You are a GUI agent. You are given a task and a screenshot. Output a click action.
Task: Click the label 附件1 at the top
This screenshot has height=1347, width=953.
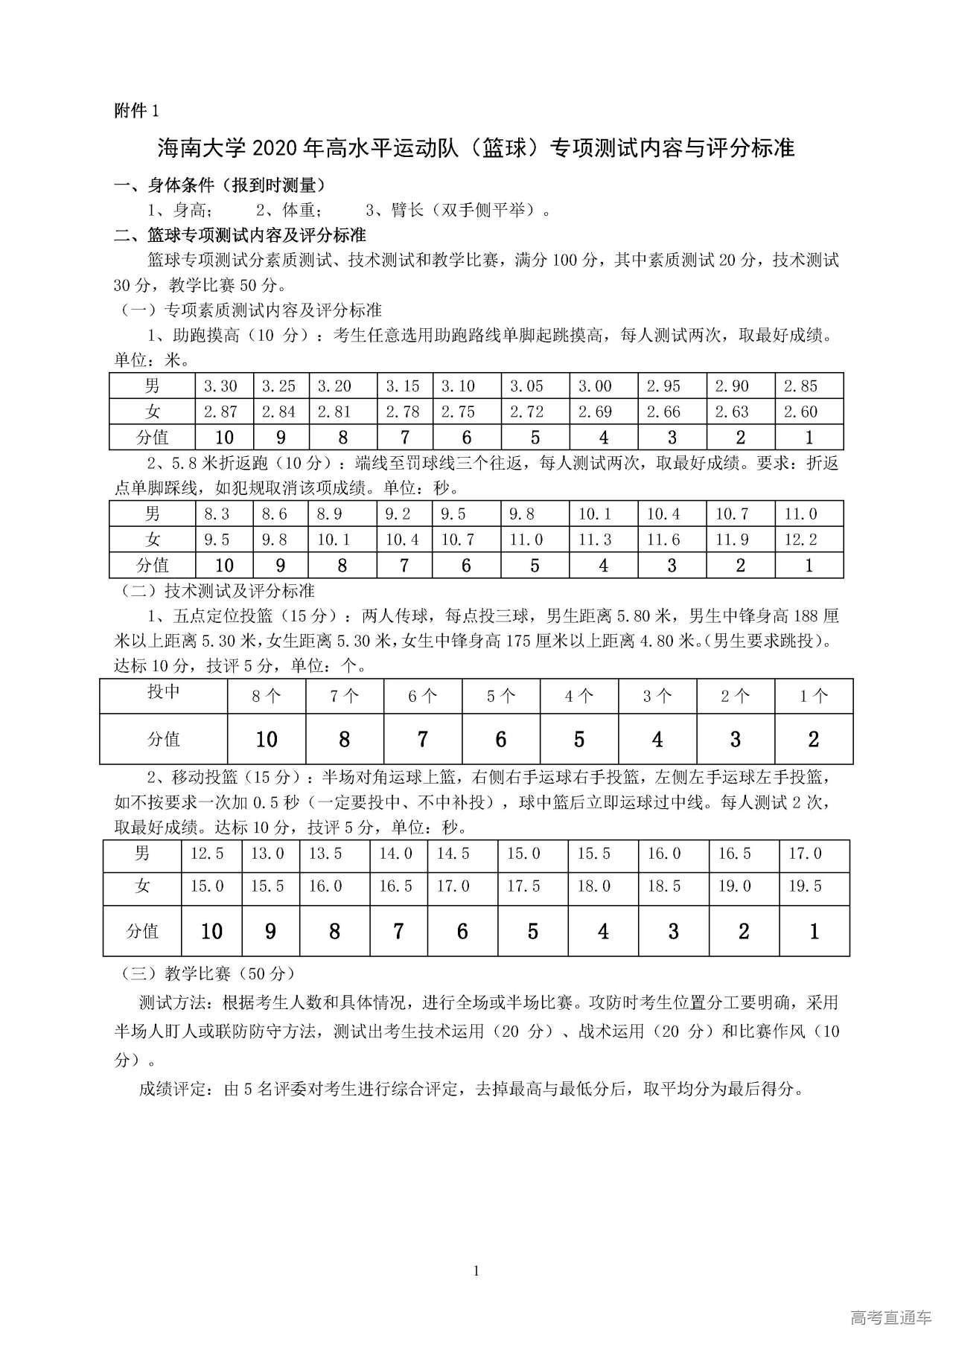pyautogui.click(x=136, y=111)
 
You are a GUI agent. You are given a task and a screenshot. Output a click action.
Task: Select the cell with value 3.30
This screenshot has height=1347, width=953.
pyautogui.click(x=220, y=386)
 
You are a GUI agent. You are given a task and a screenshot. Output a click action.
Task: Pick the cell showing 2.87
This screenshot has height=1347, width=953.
pyautogui.click(x=220, y=412)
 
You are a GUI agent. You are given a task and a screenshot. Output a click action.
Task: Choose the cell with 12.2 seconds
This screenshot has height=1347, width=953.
pyautogui.click(x=801, y=540)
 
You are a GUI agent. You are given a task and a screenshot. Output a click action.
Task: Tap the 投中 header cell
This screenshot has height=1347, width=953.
pyautogui.click(x=163, y=692)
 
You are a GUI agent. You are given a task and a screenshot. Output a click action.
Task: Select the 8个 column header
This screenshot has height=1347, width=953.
pyautogui.click(x=266, y=697)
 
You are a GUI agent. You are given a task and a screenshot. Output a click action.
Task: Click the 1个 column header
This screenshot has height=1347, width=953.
pyautogui.click(x=813, y=697)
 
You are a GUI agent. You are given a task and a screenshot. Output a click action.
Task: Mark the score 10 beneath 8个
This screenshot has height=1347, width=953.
pyautogui.click(x=266, y=739)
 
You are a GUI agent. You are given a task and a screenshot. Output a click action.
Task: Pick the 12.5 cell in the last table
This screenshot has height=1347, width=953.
pyautogui.click(x=207, y=854)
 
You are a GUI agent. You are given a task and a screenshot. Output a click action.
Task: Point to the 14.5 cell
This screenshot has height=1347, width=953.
pyautogui.click(x=453, y=854)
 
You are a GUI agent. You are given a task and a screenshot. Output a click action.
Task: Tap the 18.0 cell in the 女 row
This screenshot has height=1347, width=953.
pyautogui.click(x=593, y=886)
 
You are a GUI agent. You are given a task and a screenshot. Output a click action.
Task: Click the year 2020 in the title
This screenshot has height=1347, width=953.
pyautogui.click(x=275, y=148)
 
